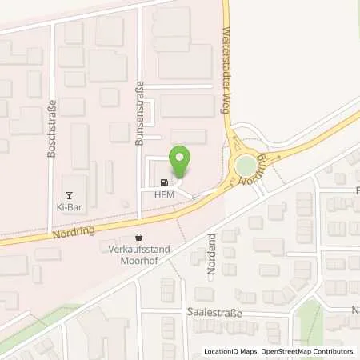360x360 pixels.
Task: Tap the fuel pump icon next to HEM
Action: point(164,181)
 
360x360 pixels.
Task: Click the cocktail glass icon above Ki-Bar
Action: point(69,193)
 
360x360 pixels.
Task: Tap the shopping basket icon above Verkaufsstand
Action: point(141,237)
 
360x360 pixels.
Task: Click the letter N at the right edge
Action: point(355,307)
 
